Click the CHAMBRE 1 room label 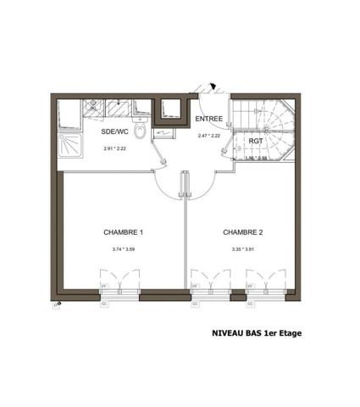(x=123, y=231)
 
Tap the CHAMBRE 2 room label (x=242, y=231)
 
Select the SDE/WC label (x=114, y=132)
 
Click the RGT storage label (x=255, y=141)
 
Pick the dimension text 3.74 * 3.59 (x=123, y=249)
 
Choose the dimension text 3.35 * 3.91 (x=242, y=249)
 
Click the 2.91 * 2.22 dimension (x=114, y=148)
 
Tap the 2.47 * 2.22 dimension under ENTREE (x=209, y=136)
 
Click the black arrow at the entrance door (x=215, y=86)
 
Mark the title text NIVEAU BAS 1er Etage (x=256, y=333)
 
